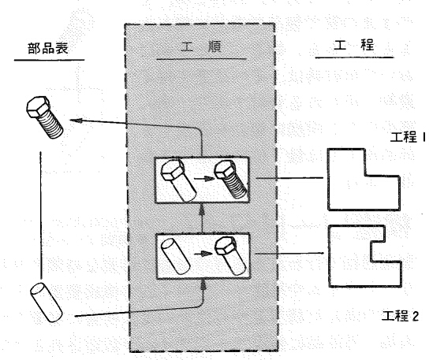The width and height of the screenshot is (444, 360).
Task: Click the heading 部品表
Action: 48,48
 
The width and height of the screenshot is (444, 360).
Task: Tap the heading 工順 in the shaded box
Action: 201,47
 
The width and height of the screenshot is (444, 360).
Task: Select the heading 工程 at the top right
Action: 354,45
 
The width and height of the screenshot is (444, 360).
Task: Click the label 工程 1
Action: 408,137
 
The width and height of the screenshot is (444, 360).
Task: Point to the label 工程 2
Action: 400,316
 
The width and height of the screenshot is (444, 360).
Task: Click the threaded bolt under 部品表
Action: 45,117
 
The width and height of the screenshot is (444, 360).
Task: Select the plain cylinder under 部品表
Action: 47,302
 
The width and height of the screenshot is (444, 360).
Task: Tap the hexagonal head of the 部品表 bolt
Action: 38,106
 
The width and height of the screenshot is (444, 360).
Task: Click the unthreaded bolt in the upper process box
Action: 178,180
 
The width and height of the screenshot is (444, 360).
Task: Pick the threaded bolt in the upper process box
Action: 230,180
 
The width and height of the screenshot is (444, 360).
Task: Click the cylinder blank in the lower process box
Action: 176,256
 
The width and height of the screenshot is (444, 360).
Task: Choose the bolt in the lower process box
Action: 230,256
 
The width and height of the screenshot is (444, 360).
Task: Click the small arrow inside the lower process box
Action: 203,254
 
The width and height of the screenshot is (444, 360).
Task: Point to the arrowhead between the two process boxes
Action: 202,210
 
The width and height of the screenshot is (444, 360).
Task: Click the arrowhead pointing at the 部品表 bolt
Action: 76,121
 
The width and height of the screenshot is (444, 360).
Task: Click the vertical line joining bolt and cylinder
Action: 41,215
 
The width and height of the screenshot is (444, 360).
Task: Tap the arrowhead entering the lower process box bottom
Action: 203,285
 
